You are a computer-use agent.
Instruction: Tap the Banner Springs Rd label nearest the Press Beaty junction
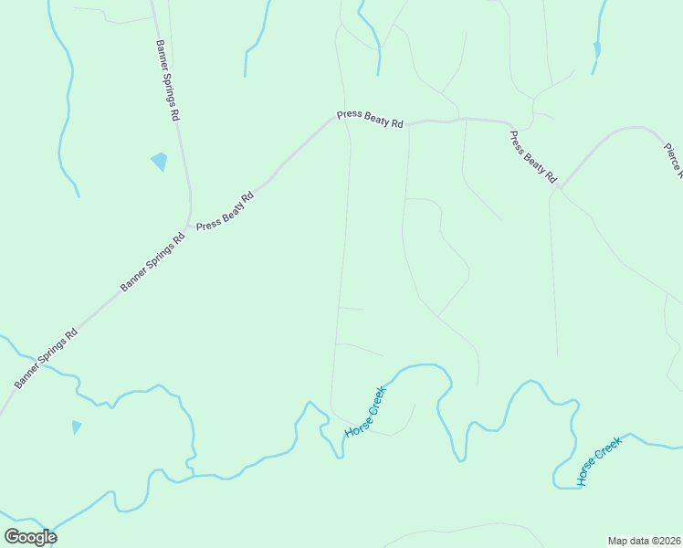coord(153,263)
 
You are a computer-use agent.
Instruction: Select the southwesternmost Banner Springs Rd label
coord(47,357)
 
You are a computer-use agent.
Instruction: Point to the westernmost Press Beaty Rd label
coord(225,210)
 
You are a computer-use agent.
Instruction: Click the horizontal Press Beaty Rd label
coord(370,119)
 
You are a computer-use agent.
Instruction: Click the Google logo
coord(30,536)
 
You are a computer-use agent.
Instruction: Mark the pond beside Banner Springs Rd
coord(160,162)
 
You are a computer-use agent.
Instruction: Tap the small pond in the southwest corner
coord(76,427)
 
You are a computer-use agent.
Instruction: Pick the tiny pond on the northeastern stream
coord(597,49)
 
